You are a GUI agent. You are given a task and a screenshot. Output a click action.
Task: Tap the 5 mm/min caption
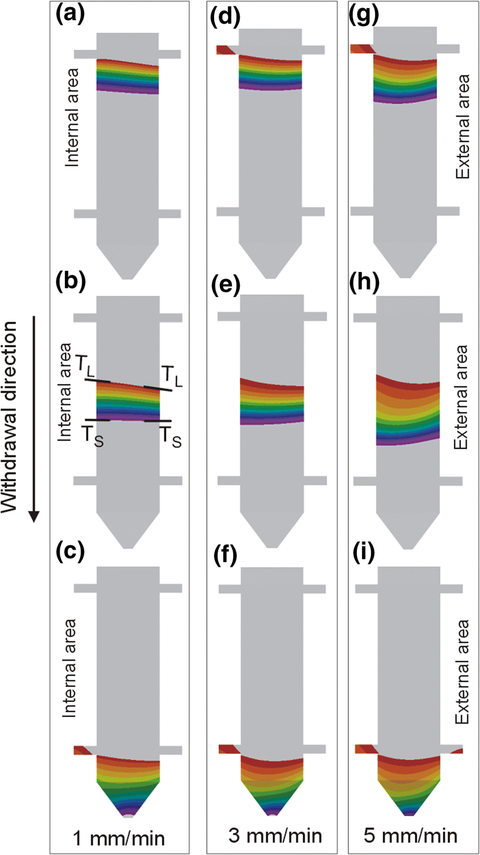pyautogui.click(x=414, y=837)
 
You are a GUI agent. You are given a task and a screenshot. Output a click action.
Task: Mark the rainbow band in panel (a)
pyautogui.click(x=128, y=76)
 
